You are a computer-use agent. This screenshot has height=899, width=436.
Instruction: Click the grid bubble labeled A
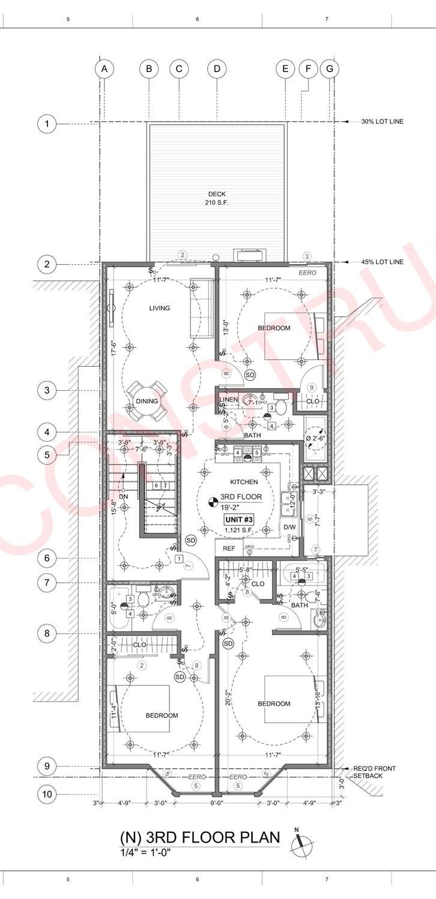click(104, 68)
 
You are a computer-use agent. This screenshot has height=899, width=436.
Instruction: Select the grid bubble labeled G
click(329, 68)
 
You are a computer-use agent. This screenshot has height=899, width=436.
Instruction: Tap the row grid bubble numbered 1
click(47, 124)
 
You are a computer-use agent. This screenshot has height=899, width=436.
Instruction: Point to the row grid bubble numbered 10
click(47, 795)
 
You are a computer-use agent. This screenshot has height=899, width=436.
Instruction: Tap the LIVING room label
click(160, 308)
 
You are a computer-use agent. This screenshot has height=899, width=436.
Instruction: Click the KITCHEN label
click(244, 482)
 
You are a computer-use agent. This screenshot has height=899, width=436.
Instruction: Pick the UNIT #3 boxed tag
click(239, 519)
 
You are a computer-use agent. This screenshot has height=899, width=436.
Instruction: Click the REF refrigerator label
click(229, 548)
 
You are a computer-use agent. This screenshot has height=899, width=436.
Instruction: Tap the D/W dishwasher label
click(289, 527)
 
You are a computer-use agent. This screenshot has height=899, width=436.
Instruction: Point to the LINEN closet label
click(229, 400)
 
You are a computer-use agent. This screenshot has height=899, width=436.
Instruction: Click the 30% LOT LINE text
click(382, 122)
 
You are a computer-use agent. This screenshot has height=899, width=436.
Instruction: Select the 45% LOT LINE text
click(382, 262)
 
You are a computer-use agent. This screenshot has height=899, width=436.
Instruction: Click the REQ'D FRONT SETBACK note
click(374, 772)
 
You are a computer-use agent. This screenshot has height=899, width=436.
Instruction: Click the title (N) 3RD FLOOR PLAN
click(200, 837)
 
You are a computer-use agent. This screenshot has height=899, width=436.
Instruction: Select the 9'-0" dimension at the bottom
click(217, 802)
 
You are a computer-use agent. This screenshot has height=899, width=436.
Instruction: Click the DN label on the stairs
click(123, 496)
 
